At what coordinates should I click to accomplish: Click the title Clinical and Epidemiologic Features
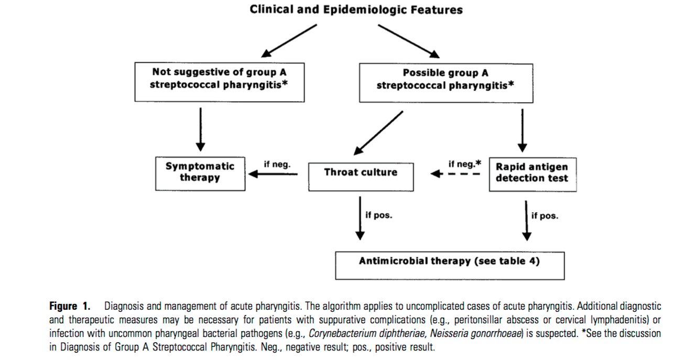[356, 9]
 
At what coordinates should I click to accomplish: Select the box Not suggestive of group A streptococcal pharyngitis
[220, 82]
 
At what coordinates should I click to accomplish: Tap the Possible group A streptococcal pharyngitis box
[446, 83]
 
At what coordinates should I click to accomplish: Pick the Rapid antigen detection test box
[532, 174]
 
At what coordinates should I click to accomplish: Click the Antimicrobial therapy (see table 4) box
[449, 265]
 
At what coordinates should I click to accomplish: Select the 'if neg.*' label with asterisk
[464, 163]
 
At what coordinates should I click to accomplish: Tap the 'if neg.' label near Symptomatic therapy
[277, 164]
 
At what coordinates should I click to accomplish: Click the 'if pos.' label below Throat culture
[378, 215]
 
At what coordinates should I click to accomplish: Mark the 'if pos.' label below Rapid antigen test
[545, 215]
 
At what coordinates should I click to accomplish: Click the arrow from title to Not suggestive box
[289, 40]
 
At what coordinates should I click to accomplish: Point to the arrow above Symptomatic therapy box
[200, 129]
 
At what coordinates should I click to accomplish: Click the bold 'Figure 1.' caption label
[70, 306]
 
